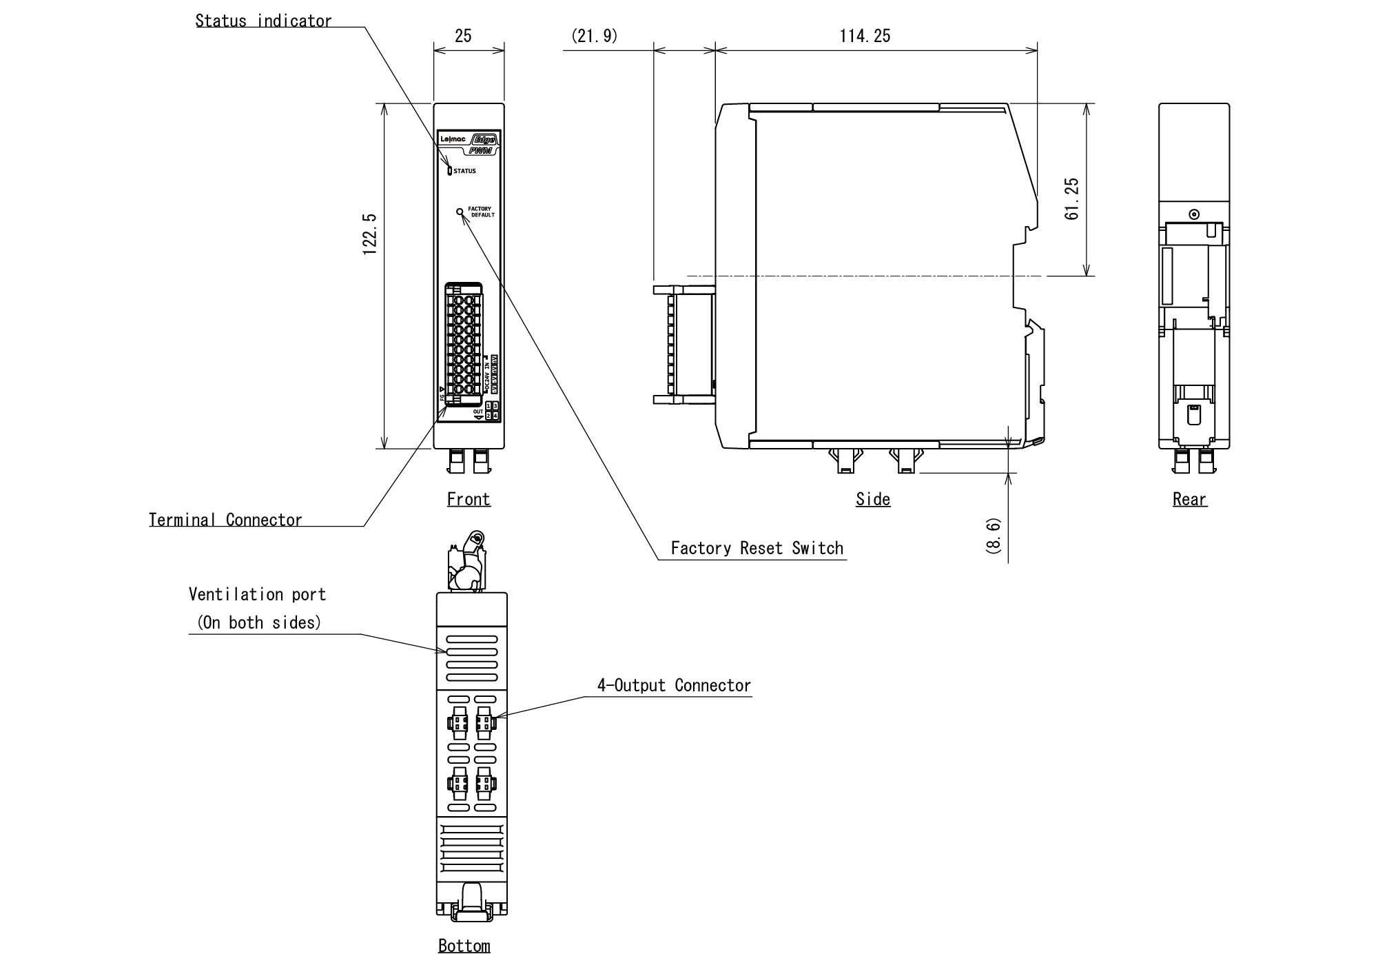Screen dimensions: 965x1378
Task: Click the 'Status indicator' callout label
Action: (263, 21)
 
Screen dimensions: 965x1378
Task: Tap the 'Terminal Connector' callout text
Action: (225, 520)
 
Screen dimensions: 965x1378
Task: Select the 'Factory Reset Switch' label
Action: (757, 548)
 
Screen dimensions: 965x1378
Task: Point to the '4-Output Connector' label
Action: (673, 685)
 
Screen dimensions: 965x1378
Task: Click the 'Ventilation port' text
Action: (257, 594)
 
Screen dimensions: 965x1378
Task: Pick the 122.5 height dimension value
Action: (370, 234)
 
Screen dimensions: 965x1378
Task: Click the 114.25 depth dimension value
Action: (865, 36)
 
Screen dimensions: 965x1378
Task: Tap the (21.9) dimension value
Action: (595, 36)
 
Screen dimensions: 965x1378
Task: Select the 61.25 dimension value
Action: (1072, 199)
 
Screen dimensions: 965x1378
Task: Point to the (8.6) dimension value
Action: (994, 536)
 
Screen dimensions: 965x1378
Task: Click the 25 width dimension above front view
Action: (463, 36)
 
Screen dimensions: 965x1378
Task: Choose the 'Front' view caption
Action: (469, 499)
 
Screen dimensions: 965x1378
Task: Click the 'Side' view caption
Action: (873, 499)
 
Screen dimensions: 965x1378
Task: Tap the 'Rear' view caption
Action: (1190, 499)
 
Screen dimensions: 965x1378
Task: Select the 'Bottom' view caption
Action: (464, 946)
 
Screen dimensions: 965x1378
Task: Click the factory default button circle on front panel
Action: (460, 212)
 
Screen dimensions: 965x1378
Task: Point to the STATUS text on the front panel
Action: (464, 171)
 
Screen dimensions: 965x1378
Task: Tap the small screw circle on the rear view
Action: (1194, 214)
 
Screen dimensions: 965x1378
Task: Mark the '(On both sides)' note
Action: (260, 622)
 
